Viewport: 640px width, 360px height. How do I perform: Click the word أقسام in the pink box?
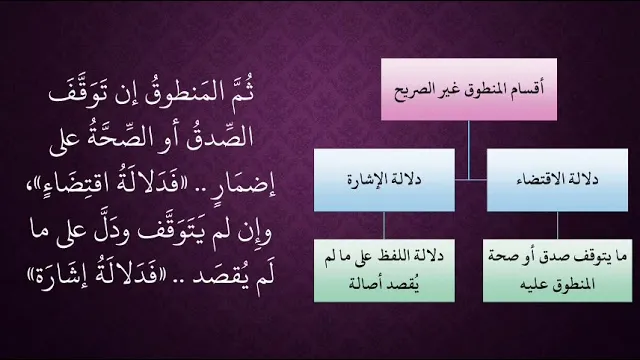[528, 89]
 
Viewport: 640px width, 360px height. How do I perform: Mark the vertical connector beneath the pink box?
[469, 150]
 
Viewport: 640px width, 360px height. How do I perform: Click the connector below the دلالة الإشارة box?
[384, 225]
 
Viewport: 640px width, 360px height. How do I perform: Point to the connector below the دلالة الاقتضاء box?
[558, 225]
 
